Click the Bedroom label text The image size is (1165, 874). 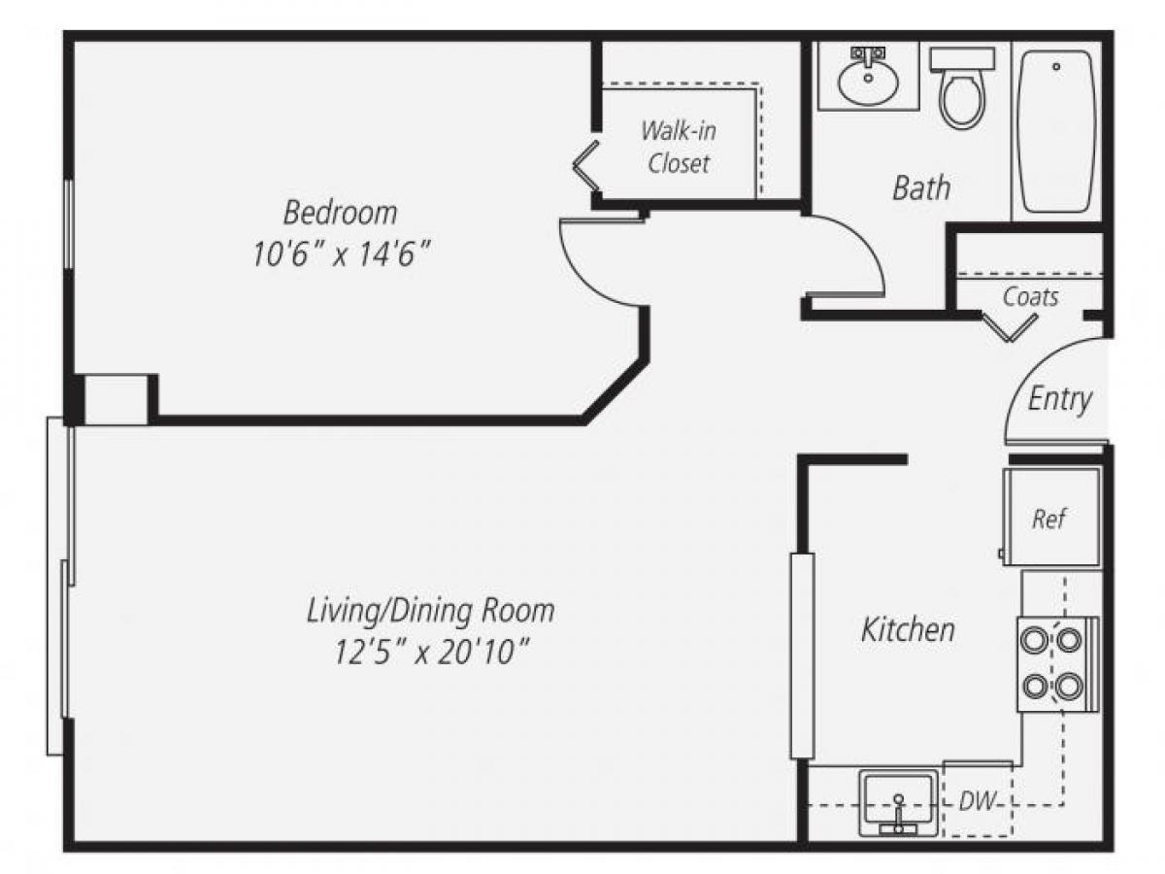click(340, 211)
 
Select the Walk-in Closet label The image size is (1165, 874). click(679, 147)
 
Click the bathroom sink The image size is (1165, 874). click(867, 77)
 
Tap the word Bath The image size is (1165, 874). click(921, 187)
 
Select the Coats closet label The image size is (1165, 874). click(1030, 296)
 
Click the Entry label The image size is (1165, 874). click(1060, 399)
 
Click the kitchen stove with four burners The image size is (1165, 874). click(1055, 662)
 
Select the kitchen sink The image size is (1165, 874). click(899, 802)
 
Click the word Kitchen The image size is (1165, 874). click(908, 630)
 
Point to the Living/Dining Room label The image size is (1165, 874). click(431, 611)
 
